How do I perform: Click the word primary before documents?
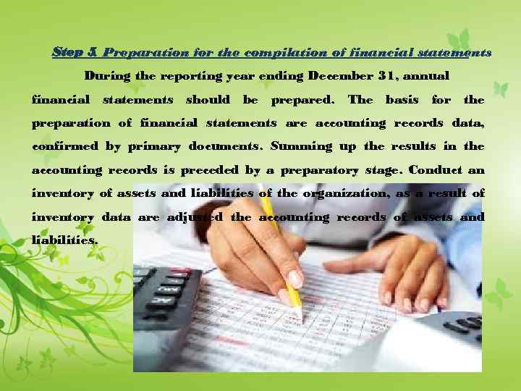click(155, 146)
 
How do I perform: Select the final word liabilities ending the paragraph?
click(64, 240)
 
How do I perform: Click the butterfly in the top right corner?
click(458, 40)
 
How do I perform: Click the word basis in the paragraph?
click(402, 99)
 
